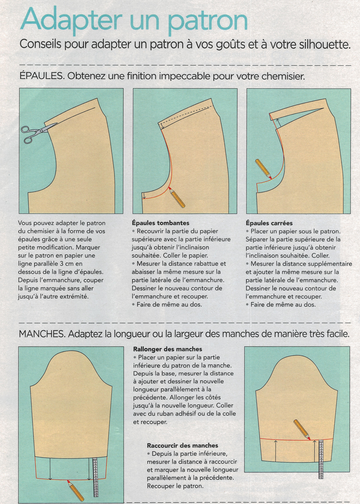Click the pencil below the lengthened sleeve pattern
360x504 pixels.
(75, 490)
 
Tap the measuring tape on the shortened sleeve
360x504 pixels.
(321, 459)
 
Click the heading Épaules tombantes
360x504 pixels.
(161, 223)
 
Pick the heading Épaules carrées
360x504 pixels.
(269, 223)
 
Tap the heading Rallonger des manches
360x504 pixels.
(168, 349)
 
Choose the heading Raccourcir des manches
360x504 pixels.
(182, 445)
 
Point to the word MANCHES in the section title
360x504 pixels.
(42, 334)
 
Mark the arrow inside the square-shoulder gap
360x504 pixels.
(278, 123)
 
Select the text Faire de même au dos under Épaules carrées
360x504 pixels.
(283, 304)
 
